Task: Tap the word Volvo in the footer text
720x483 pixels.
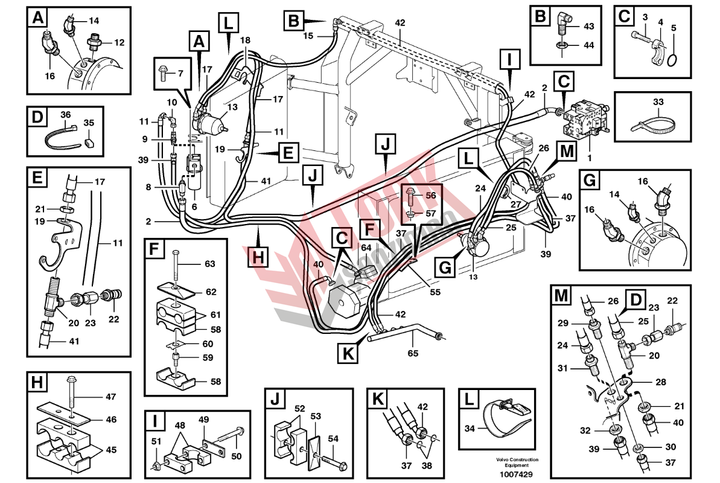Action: (x=488, y=459)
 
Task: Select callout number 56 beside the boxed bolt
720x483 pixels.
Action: (x=430, y=196)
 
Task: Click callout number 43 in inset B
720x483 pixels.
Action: (x=589, y=27)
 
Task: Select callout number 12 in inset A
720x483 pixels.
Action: (x=119, y=42)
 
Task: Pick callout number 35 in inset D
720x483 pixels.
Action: (x=89, y=123)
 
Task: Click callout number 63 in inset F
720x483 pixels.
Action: (x=209, y=264)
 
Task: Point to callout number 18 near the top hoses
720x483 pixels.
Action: (x=244, y=40)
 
